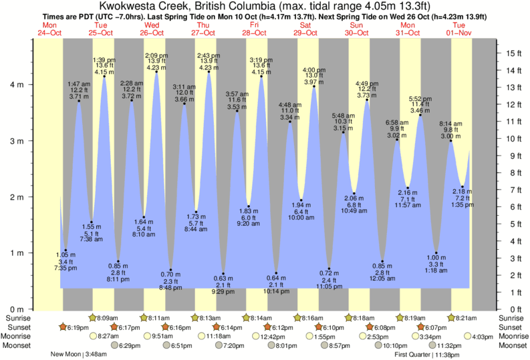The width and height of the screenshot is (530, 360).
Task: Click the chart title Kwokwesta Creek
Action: [x=265, y=6]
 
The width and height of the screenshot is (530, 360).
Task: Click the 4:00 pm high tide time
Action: [x=314, y=69]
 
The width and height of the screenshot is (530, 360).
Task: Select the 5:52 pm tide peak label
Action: [x=420, y=100]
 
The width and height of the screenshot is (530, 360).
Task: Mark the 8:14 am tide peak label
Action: [x=450, y=124]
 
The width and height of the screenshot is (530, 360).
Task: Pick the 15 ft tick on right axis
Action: [x=511, y=53]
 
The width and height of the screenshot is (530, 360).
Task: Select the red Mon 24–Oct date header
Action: [x=49, y=29]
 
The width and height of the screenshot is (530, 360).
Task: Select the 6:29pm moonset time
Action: [x=130, y=345]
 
